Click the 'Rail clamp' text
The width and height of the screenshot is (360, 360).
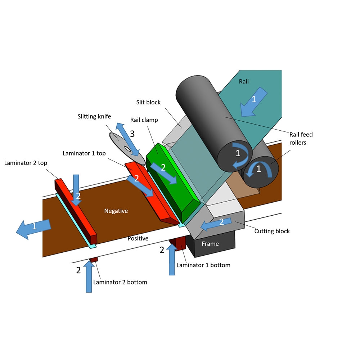pyautogui.click(x=144, y=120)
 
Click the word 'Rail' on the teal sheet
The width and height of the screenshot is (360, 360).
pyautogui.click(x=244, y=82)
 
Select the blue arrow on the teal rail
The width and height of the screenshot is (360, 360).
pyautogui.click(x=254, y=103)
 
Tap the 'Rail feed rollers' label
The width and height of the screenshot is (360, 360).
pyautogui.click(x=301, y=139)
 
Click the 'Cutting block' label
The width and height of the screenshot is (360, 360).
pyautogui.click(x=272, y=231)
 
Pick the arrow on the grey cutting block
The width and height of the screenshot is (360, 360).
pyautogui.click(x=216, y=224)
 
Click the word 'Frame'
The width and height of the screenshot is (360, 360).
pyautogui.click(x=210, y=244)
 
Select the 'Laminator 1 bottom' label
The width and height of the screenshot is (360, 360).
pyautogui.click(x=203, y=265)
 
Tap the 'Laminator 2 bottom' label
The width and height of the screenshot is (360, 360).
pyautogui.click(x=120, y=282)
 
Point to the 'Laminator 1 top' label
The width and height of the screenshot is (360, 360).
pyautogui.click(x=84, y=153)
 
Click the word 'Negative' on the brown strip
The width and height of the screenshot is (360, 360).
pyautogui.click(x=116, y=211)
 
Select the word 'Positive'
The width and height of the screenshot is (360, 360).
pyautogui.click(x=138, y=238)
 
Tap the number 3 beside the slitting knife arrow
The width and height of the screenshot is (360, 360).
pyautogui.click(x=132, y=134)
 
